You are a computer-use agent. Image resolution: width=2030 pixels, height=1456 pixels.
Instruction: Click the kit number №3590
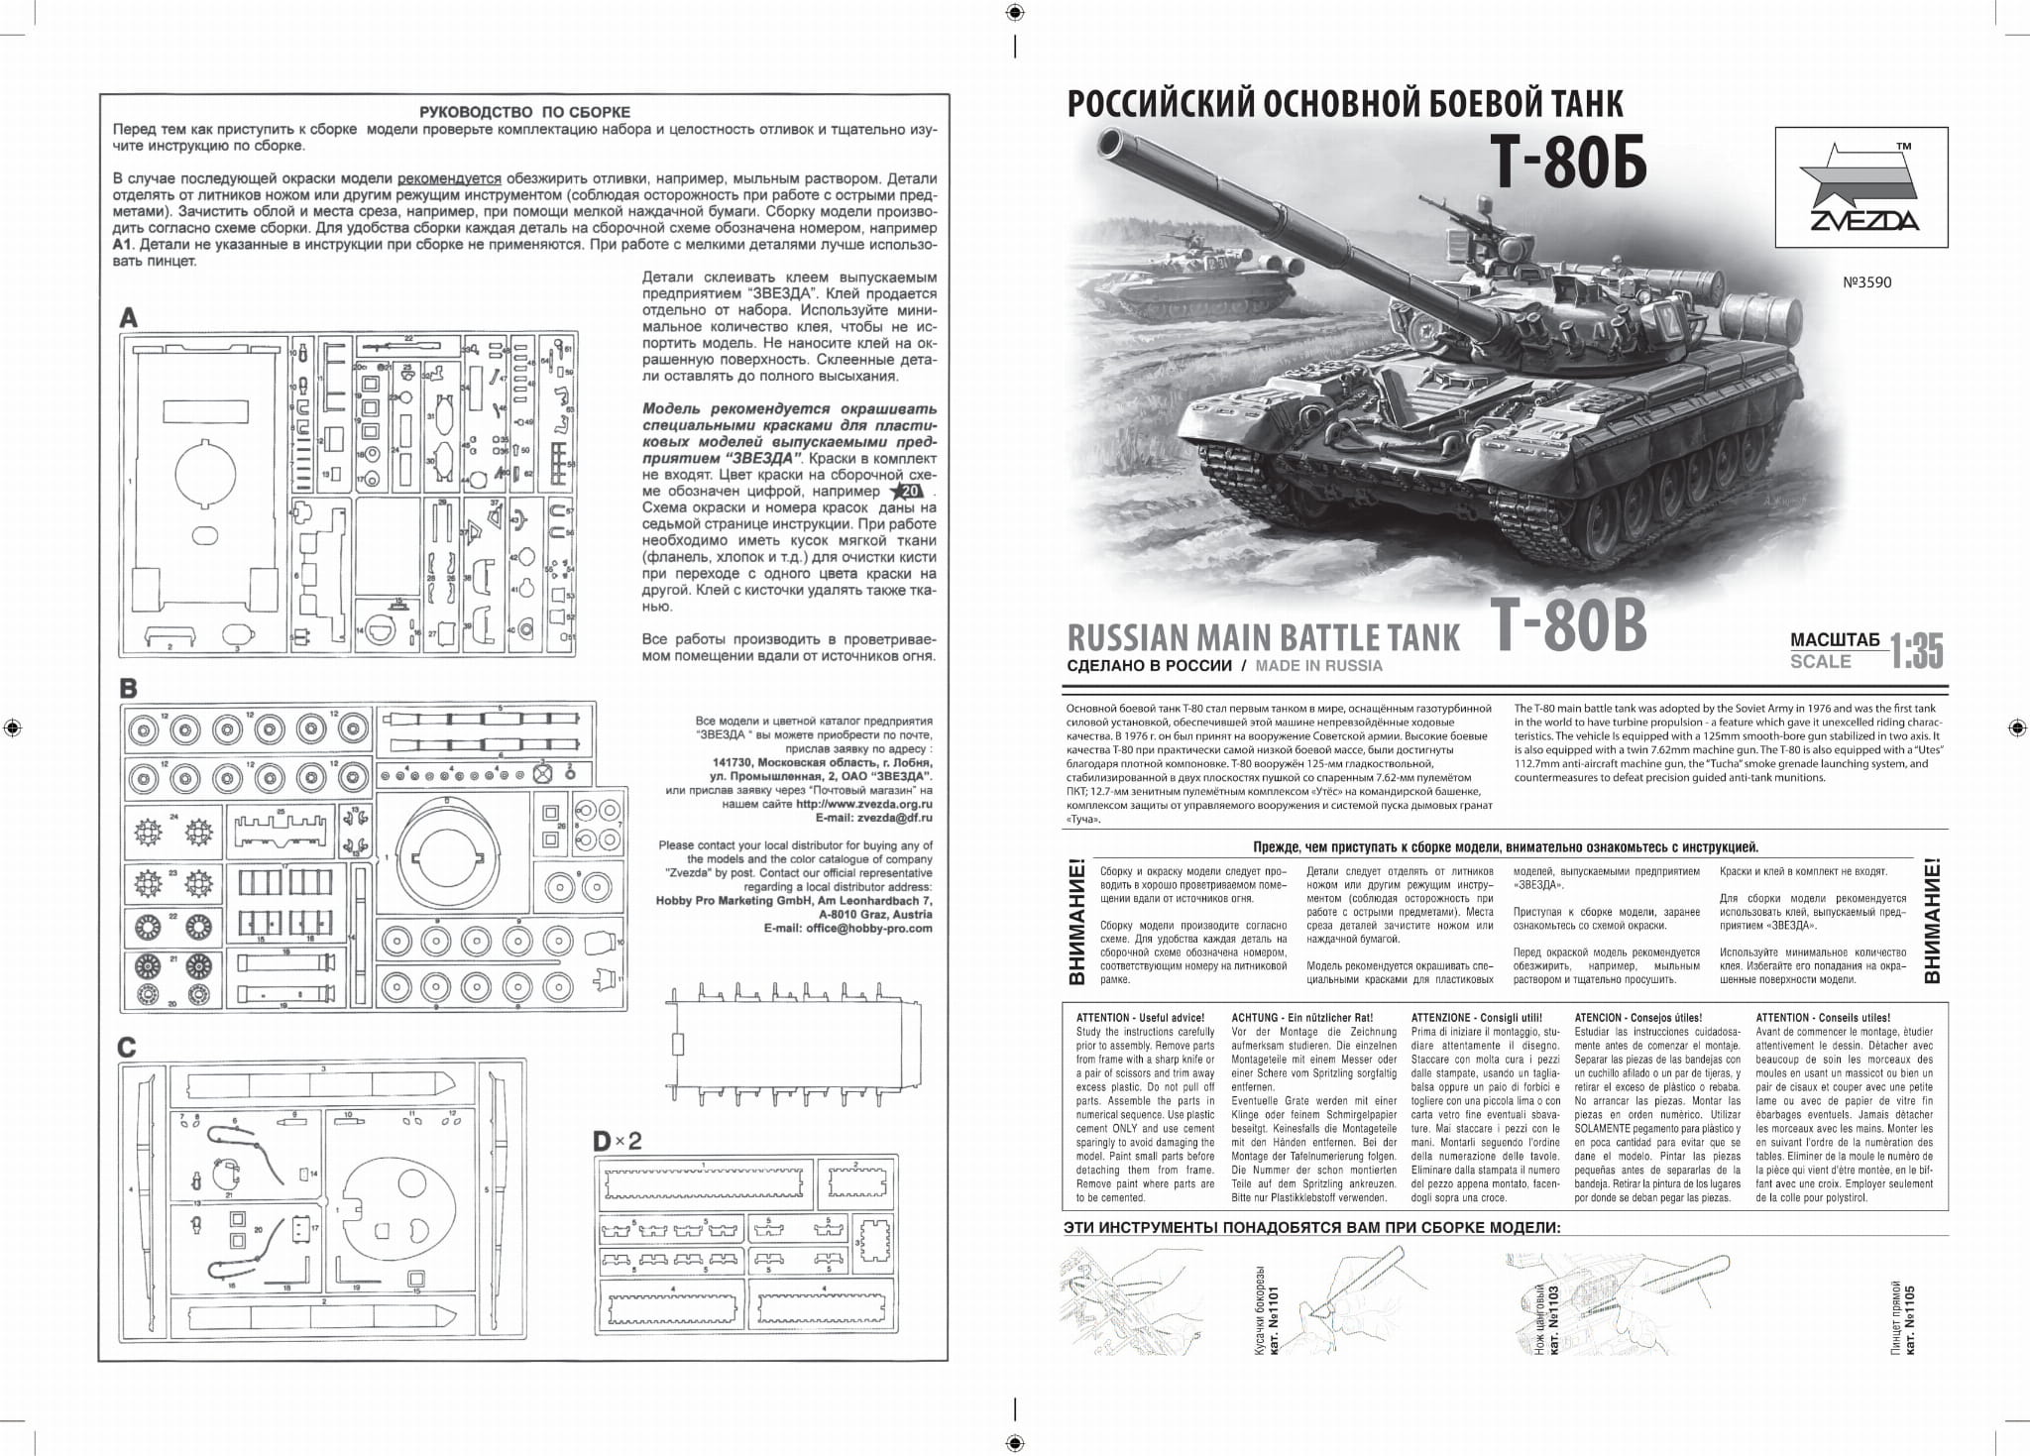click(x=1866, y=282)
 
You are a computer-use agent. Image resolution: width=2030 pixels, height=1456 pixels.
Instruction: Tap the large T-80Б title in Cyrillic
click(x=1569, y=164)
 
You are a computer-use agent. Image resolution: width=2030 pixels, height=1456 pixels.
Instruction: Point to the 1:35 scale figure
click(x=1916, y=651)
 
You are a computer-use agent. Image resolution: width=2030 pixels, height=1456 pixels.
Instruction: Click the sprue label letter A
click(x=129, y=318)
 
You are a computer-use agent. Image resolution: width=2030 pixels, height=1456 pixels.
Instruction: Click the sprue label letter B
click(x=128, y=687)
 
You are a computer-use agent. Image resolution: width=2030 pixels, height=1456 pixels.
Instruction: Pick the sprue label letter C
click(x=127, y=1048)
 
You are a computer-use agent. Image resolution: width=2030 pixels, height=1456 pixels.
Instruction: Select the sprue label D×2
click(x=618, y=1141)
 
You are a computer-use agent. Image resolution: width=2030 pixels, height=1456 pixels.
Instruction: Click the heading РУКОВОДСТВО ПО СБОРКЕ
click(x=524, y=112)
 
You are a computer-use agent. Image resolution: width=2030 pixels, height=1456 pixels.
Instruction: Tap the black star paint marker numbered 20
click(x=907, y=492)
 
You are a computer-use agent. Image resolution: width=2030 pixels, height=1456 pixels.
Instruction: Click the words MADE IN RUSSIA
click(x=1318, y=666)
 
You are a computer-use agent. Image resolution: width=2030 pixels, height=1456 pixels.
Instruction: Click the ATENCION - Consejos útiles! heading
click(x=1637, y=1018)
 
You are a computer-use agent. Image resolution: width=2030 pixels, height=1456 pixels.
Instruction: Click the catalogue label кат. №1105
click(x=1910, y=1322)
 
